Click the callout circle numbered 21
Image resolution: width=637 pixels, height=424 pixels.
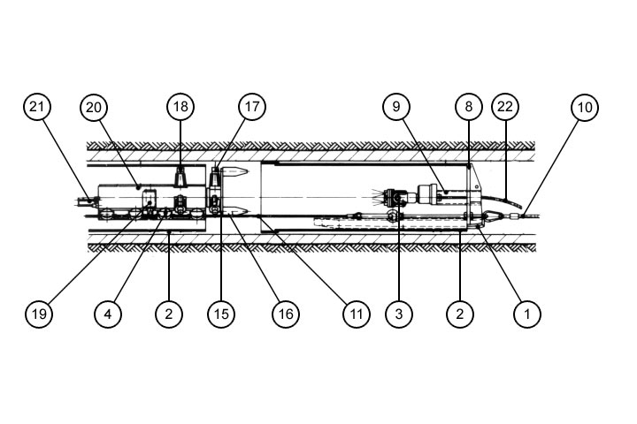coord(37,108)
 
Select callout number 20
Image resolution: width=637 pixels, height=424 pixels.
coord(93,108)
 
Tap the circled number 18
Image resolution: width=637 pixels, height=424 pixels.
coord(180,108)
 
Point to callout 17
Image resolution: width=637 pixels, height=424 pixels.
coord(251,108)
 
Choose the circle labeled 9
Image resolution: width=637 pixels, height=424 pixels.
coord(397,108)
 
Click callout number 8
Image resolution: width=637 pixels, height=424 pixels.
coord(469,108)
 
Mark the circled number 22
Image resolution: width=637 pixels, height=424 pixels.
coord(505,108)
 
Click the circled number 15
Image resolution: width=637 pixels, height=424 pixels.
coord(221,313)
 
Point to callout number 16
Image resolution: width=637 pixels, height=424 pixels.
coord(285,313)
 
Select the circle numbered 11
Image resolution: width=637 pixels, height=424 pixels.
coord(355,313)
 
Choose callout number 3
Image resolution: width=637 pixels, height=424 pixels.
coord(400,313)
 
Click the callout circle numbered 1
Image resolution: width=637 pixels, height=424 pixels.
coord(527,313)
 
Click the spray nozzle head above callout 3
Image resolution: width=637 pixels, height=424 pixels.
coord(387,195)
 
